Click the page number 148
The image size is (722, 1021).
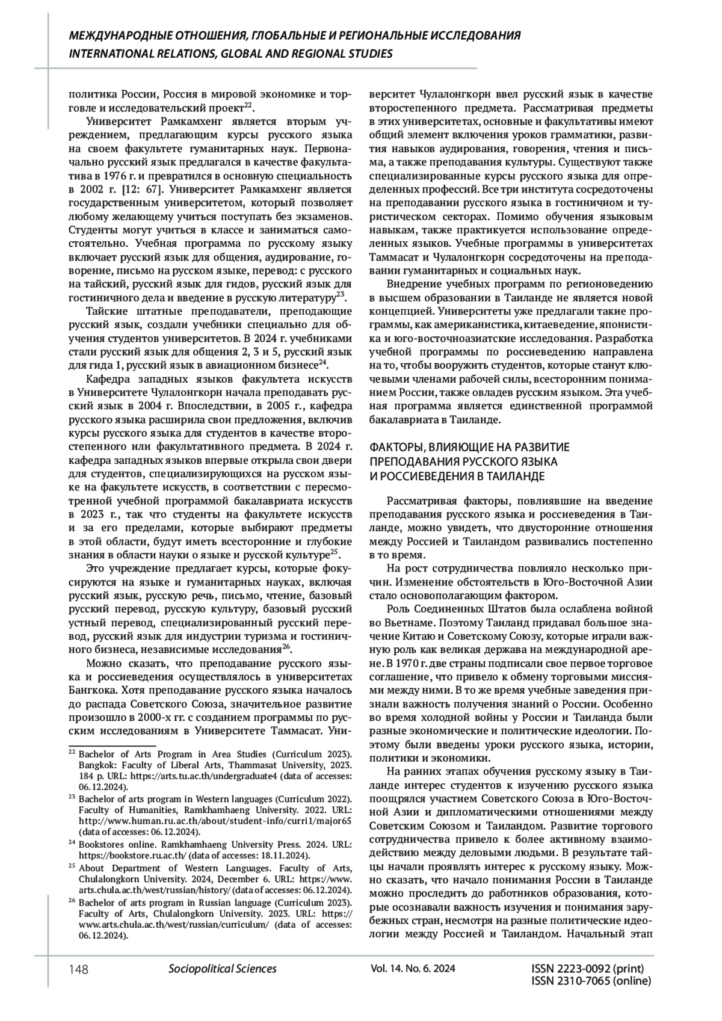[x=78, y=969]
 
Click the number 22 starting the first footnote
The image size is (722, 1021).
[x=72, y=753]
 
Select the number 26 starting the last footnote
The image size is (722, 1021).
[x=72, y=902]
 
